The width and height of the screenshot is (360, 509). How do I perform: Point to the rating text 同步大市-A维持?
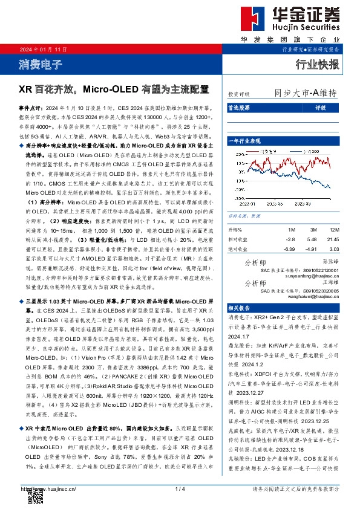[305, 94]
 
